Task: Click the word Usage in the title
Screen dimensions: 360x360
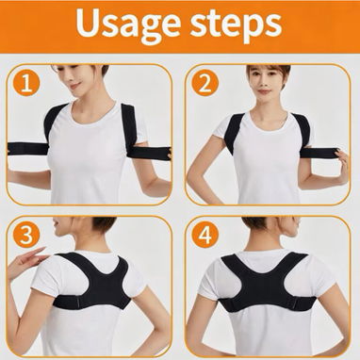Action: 127,24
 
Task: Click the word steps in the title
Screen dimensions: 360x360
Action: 236,25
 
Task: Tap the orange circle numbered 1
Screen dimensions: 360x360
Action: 26,83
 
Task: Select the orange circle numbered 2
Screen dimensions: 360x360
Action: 205,83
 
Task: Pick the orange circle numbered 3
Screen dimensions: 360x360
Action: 26,235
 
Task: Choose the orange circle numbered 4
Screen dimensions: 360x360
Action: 205,235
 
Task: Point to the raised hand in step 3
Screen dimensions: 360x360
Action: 26,261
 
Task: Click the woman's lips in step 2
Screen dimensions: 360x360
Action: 264,91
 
